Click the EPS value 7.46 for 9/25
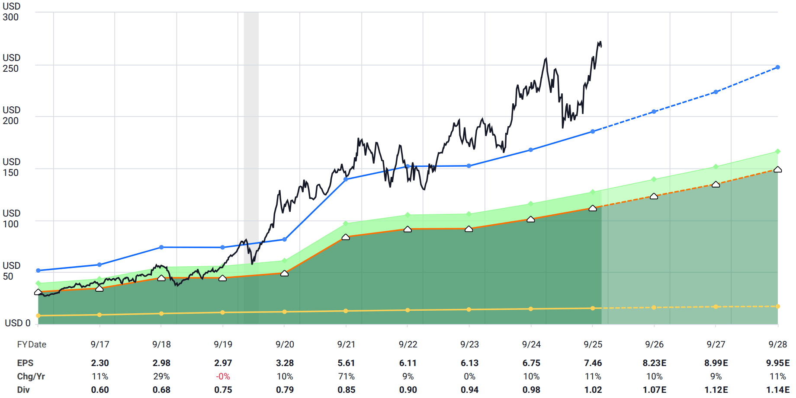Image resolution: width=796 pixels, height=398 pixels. pyautogui.click(x=593, y=363)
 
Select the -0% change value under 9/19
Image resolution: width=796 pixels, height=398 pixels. pyautogui.click(x=223, y=376)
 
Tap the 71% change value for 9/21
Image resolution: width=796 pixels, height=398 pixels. pyautogui.click(x=346, y=376)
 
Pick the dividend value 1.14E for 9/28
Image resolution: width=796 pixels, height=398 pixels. pyautogui.click(x=777, y=390)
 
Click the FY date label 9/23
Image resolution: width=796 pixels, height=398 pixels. pyautogui.click(x=469, y=344)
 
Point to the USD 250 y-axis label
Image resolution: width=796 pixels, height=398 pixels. pyautogui.click(x=11, y=63)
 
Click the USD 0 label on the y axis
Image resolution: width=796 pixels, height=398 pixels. pyautogui.click(x=17, y=323)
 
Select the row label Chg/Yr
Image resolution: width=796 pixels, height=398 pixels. pyautogui.click(x=31, y=376)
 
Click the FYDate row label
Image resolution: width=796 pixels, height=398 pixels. pyautogui.click(x=32, y=344)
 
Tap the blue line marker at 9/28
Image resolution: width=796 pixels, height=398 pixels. pyautogui.click(x=777, y=67)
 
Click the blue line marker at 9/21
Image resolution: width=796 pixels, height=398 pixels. pyautogui.click(x=346, y=179)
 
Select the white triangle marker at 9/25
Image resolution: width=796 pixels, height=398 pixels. pyautogui.click(x=593, y=208)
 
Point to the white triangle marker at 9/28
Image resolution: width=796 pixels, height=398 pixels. pyautogui.click(x=777, y=170)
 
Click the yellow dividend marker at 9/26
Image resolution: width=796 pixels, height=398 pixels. pyautogui.click(x=654, y=308)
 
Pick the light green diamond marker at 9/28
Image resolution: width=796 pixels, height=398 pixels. pyautogui.click(x=777, y=152)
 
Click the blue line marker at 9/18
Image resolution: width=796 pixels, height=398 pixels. pyautogui.click(x=161, y=247)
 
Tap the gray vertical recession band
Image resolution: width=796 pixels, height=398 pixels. pyautogui.click(x=251, y=130)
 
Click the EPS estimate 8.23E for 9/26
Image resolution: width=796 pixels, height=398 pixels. pyautogui.click(x=654, y=363)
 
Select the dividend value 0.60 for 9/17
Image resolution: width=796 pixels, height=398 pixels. pyautogui.click(x=100, y=390)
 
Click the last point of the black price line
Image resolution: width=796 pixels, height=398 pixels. pyautogui.click(x=601, y=46)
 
